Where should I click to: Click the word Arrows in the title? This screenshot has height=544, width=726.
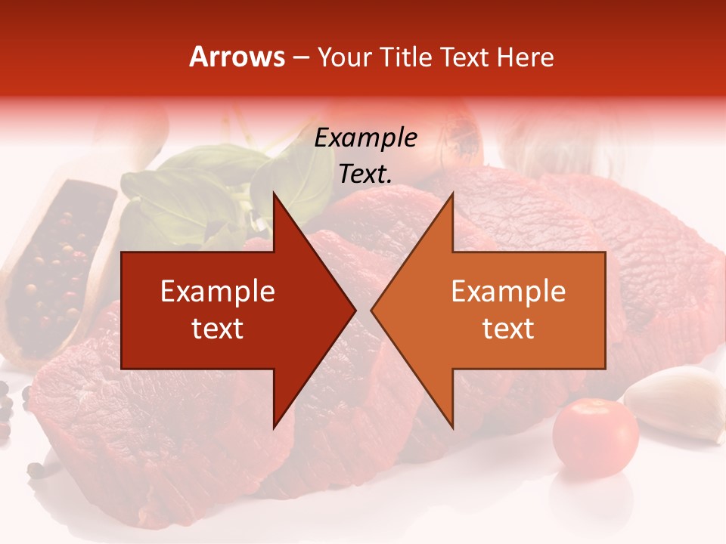click(x=237, y=57)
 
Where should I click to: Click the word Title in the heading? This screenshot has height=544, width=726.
click(x=405, y=57)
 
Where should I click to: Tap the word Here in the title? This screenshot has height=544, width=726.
click(x=525, y=57)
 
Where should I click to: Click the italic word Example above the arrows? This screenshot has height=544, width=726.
click(x=365, y=138)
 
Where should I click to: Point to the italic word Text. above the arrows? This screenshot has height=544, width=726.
click(x=365, y=175)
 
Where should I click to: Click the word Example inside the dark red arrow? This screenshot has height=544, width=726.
click(x=217, y=292)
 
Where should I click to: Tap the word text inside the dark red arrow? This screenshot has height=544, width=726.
click(x=217, y=329)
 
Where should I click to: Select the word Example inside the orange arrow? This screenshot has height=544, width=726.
click(x=508, y=292)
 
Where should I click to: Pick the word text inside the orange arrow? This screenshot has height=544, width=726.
click(x=508, y=329)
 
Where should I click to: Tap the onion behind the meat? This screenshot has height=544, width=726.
click(x=454, y=140)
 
